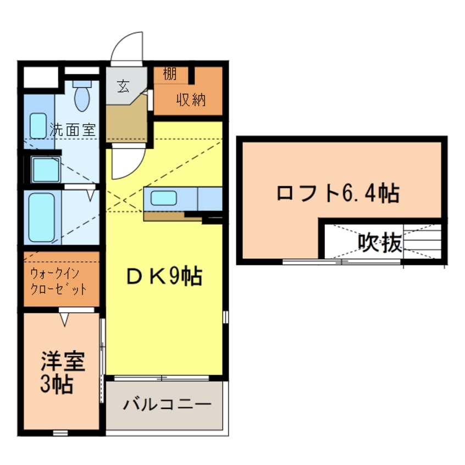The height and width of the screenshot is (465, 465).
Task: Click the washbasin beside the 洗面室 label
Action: (x=38, y=126)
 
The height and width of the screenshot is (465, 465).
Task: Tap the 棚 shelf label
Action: (x=170, y=74)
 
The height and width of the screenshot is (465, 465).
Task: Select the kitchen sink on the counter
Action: (x=163, y=197)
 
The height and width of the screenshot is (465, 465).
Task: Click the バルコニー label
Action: (x=167, y=405)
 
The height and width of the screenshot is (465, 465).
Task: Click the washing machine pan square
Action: (x=46, y=169)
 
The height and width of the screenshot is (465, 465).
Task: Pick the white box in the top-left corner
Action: (x=41, y=77)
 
